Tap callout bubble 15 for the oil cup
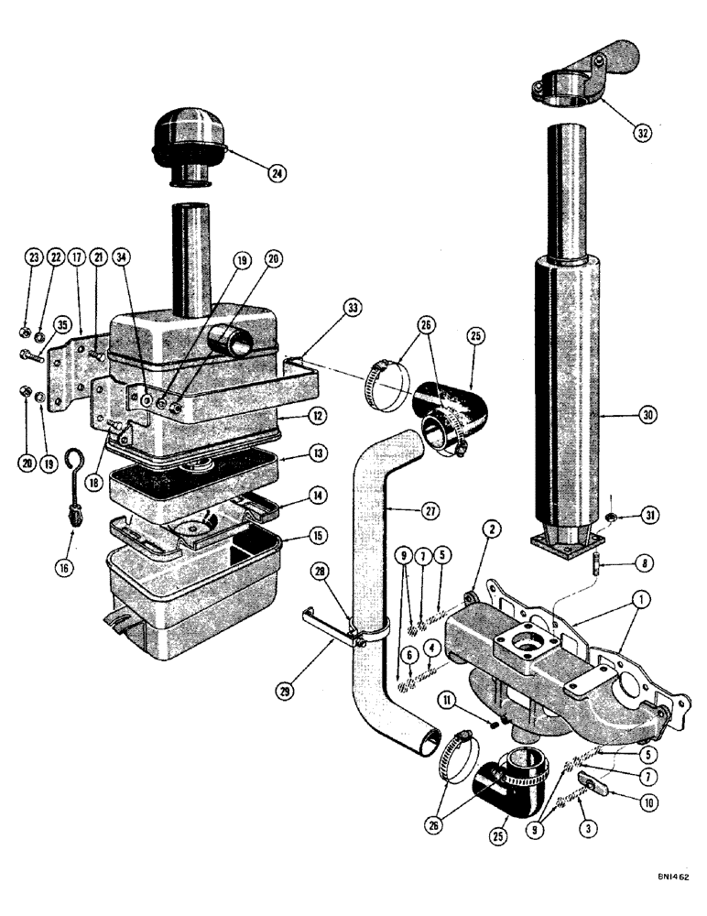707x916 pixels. click(293, 537)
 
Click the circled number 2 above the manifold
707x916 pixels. click(495, 529)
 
